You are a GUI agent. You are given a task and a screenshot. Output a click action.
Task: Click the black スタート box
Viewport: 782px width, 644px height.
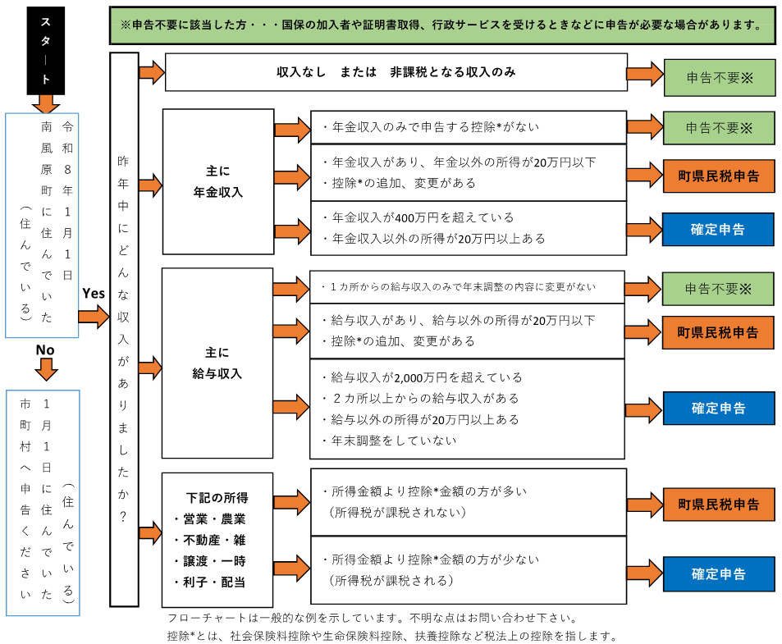[45, 52]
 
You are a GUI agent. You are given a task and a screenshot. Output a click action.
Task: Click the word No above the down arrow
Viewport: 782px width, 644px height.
[44, 350]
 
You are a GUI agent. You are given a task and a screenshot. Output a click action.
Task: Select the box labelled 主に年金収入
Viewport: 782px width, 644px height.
[217, 182]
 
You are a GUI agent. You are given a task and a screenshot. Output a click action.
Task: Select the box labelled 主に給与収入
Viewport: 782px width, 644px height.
[217, 363]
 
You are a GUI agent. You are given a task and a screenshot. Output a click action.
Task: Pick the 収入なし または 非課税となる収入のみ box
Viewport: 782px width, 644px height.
[396, 72]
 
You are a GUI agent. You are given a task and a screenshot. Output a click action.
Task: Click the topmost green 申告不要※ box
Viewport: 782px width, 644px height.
[719, 78]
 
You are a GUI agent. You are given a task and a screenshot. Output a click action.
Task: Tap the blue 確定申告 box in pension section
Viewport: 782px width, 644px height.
[719, 230]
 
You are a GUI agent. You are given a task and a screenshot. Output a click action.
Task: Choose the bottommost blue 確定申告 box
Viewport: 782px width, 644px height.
[719, 574]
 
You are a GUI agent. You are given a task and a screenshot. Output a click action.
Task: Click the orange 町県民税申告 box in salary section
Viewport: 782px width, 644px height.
[719, 332]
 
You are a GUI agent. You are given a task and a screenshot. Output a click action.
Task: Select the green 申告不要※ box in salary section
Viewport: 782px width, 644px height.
[719, 289]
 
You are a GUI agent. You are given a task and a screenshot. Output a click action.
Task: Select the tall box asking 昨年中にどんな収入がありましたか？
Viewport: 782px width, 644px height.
[124, 328]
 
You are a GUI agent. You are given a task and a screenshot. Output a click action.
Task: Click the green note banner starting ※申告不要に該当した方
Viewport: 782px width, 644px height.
[442, 25]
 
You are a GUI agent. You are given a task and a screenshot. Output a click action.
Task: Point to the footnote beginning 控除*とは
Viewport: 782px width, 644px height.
[391, 636]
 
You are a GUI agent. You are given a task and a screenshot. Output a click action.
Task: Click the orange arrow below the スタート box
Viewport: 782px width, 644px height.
[45, 103]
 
